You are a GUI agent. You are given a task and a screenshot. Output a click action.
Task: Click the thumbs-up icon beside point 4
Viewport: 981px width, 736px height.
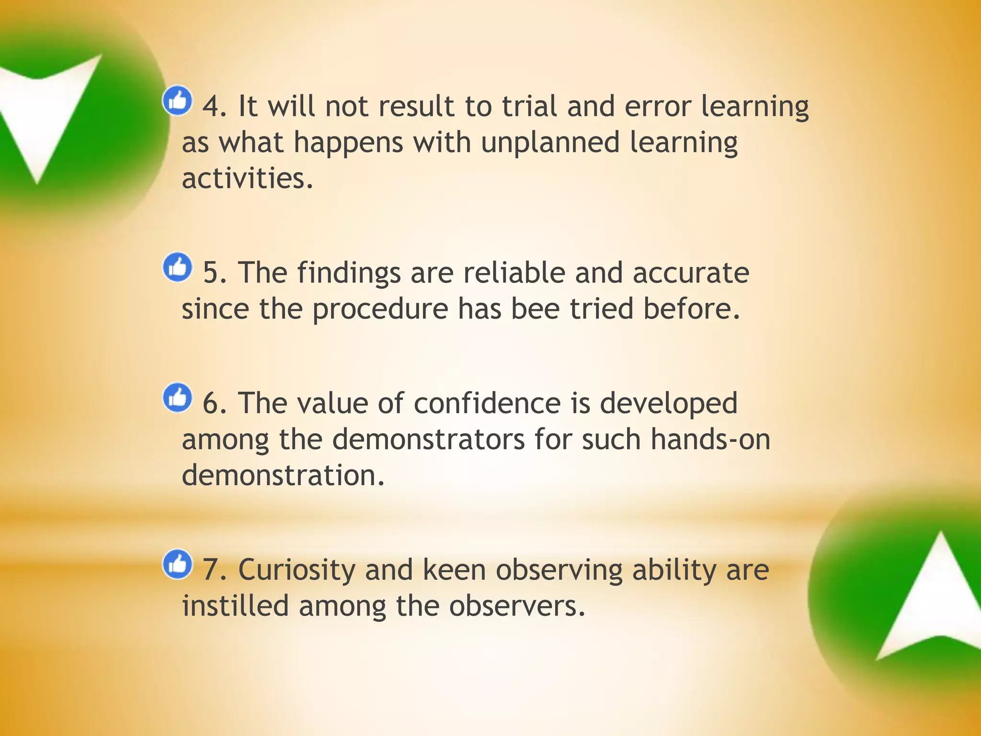click(x=177, y=101)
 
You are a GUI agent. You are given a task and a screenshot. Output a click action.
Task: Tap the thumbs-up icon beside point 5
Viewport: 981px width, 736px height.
click(x=177, y=267)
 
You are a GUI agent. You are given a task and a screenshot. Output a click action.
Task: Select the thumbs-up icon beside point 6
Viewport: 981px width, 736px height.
click(x=177, y=397)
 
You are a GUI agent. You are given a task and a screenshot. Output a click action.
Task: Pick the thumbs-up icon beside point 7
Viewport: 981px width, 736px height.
click(x=177, y=564)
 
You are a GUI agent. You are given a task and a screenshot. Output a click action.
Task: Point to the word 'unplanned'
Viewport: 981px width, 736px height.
click(x=550, y=142)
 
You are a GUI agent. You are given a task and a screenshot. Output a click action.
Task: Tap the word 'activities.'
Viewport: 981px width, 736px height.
click(x=248, y=178)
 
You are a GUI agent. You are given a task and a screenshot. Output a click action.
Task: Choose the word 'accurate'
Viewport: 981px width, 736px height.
click(x=691, y=273)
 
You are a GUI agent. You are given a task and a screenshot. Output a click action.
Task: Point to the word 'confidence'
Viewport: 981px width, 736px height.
click(x=487, y=403)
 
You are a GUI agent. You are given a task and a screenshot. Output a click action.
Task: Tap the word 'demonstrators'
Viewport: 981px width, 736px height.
click(x=428, y=439)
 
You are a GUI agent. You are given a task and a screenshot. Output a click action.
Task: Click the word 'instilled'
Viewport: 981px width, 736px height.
click(x=235, y=606)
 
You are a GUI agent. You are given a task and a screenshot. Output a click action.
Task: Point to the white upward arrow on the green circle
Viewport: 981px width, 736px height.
click(x=934, y=599)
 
